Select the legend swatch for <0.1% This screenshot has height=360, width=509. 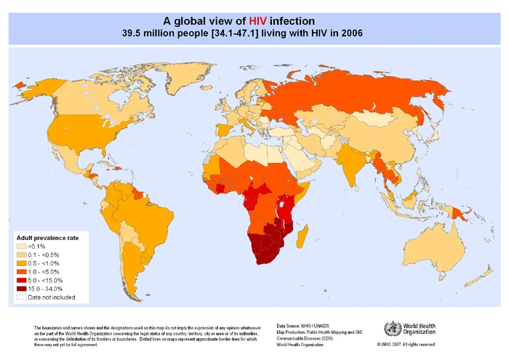[x=22, y=247]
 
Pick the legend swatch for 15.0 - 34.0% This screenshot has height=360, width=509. [x=22, y=288]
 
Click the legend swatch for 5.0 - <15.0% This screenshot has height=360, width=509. [x=22, y=280]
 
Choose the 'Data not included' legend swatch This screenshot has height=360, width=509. [x=22, y=297]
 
